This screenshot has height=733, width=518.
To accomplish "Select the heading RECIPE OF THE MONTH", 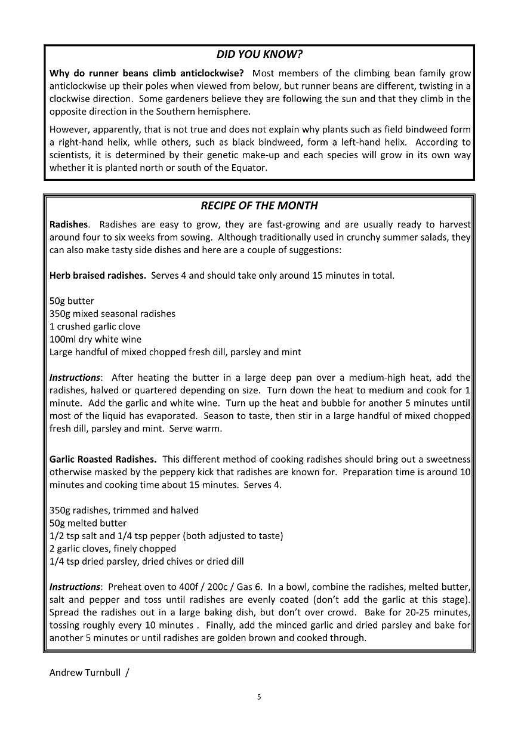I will tap(259, 205).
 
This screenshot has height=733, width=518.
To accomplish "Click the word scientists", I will tap(72, 155).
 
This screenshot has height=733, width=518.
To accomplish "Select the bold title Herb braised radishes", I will tap(97, 276).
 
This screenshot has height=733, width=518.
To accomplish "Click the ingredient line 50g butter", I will tap(72, 301).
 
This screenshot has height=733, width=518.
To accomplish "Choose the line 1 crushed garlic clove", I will tap(95, 327).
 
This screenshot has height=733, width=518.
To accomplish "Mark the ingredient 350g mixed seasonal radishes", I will tap(112, 313).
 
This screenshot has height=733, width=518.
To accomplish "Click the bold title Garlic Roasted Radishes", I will tap(103, 459).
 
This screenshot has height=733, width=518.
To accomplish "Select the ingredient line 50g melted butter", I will tap(88, 523).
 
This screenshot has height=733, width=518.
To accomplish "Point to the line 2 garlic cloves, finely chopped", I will tap(113, 549).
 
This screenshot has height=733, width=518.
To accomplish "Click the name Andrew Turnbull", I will tap(85, 673).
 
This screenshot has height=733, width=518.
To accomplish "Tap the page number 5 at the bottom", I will tap(259, 697).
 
